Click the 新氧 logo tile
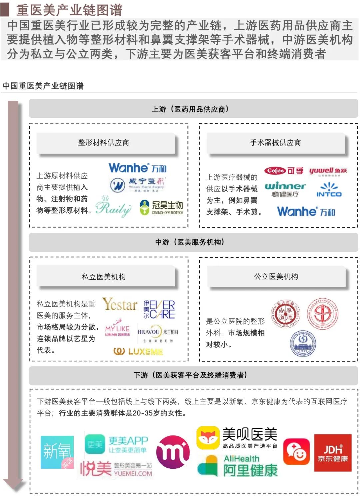pos(57,452)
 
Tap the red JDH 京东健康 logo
pos(333,453)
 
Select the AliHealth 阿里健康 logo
pos(238,466)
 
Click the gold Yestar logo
pos(120,304)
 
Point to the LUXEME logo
pos(138,351)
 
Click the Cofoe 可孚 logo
pos(284,171)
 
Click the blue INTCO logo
pos(329,190)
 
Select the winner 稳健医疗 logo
pos(285,189)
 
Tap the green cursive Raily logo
pos(113,207)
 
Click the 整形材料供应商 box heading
pos(104,143)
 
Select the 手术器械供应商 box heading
pos(275,143)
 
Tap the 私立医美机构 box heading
pos(104,277)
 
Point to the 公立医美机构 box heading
pos(276,276)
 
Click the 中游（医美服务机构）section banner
pos(193,242)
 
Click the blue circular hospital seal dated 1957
pos(303,344)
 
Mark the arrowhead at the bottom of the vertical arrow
pos(13,485)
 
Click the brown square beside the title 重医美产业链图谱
pos(5,9)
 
